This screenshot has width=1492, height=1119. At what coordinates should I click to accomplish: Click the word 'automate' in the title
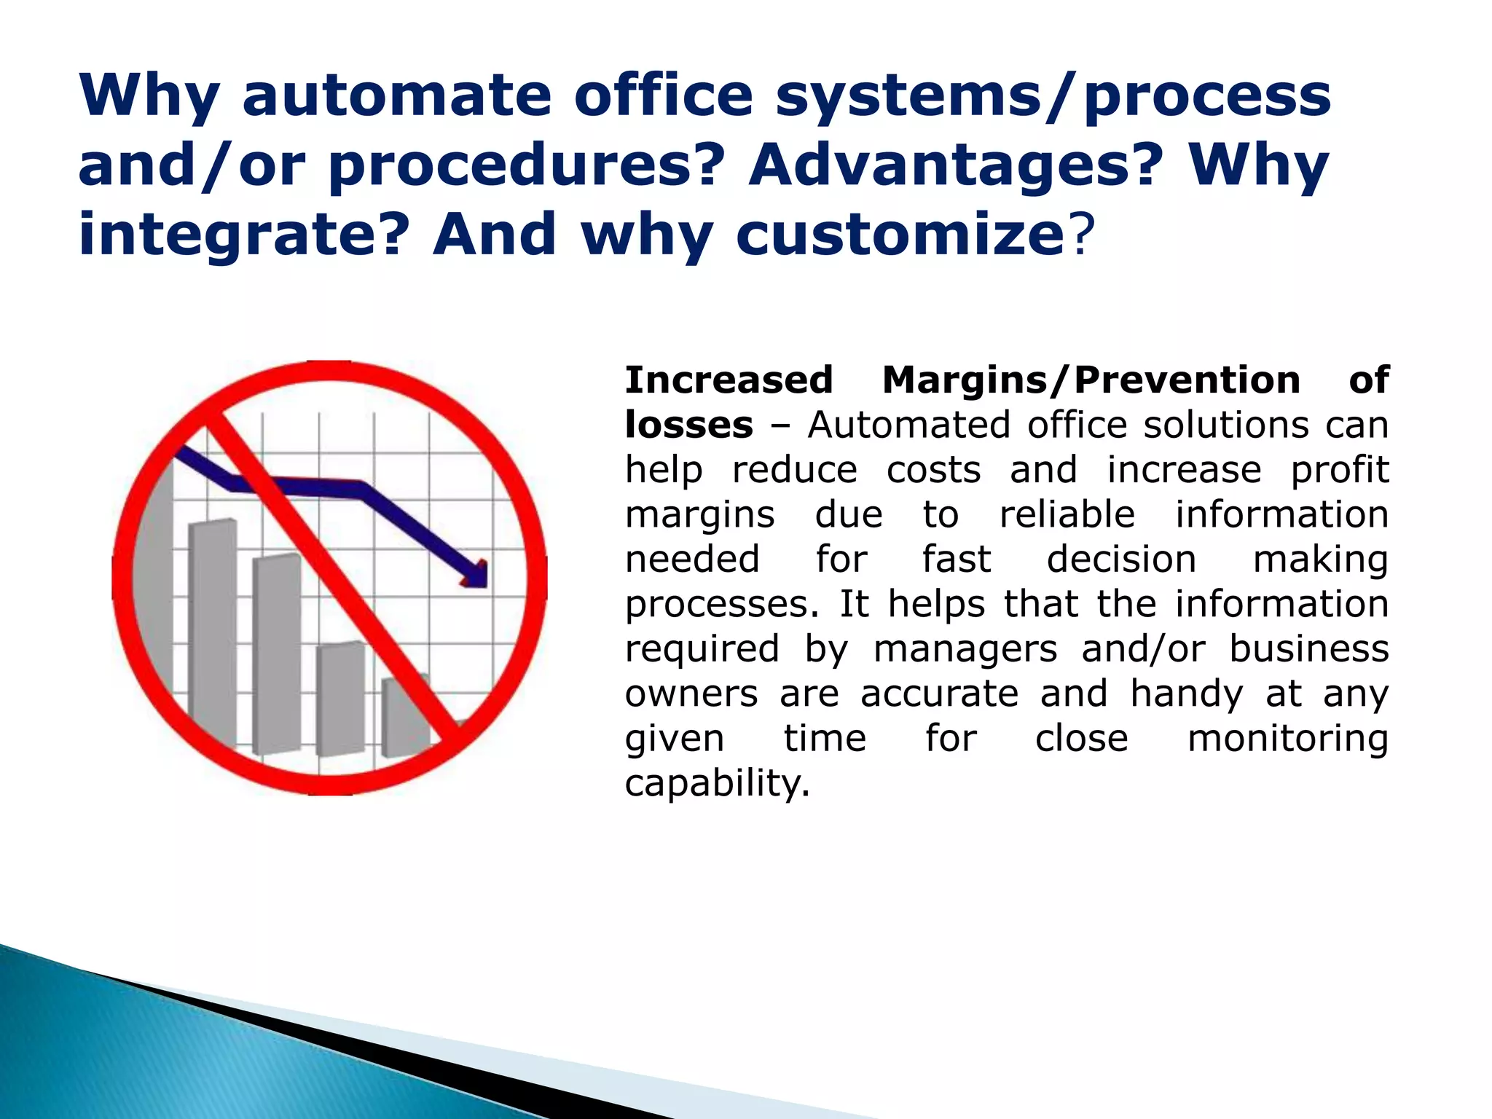tap(397, 95)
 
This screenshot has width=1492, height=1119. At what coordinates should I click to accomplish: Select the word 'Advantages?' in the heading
tap(954, 165)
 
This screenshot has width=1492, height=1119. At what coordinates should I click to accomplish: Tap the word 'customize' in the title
tap(900, 235)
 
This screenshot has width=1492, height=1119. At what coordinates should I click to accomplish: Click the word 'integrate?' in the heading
tap(240, 235)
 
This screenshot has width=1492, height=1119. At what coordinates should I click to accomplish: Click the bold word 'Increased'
tap(729, 380)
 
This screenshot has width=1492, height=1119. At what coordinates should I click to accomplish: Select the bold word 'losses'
tap(688, 425)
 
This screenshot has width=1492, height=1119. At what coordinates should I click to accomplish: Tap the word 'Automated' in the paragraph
tap(908, 425)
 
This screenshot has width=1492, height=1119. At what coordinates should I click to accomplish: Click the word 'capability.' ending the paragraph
tap(717, 783)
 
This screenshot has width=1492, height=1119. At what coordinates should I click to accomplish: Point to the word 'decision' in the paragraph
tap(1121, 559)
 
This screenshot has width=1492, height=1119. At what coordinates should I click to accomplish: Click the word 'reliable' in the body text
tap(1067, 514)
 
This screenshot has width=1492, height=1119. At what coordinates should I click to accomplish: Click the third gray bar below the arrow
tap(340, 699)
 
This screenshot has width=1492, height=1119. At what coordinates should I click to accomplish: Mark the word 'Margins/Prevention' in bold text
tap(1091, 380)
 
